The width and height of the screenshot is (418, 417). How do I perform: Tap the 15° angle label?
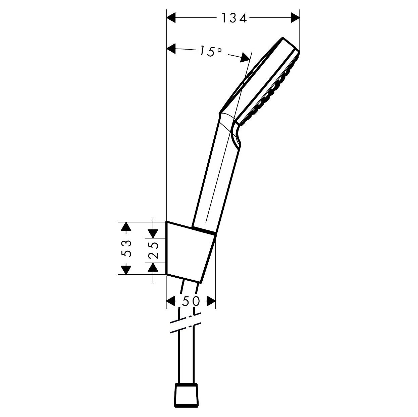(210, 51)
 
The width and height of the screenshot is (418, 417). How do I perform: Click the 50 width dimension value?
(191, 301)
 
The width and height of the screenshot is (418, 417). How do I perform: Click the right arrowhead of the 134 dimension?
(295, 17)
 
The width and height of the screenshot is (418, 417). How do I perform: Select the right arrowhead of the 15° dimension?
(245, 57)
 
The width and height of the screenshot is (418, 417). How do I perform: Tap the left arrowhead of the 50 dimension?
(171, 301)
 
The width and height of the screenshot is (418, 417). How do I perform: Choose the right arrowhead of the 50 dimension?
(211, 301)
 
